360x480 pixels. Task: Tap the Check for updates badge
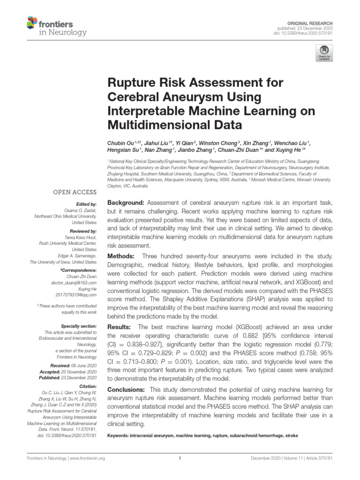(x=324, y=53)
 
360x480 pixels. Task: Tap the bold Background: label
(x=126, y=202)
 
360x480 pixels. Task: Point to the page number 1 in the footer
(x=180, y=458)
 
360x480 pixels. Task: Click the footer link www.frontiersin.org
(x=87, y=458)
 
